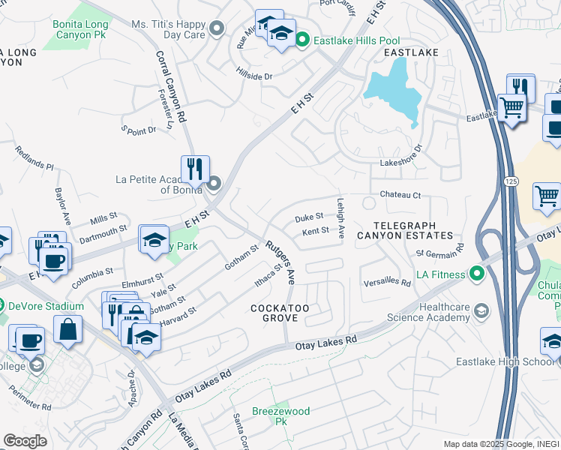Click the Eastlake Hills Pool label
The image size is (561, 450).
click(357, 40)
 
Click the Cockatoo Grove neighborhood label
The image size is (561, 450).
click(280, 313)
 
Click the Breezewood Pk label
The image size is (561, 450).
click(280, 417)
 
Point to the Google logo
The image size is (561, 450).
click(25, 440)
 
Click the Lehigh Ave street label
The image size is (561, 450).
click(340, 218)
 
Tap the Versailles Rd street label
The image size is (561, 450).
click(387, 283)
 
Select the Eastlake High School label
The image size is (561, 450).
click(504, 362)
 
